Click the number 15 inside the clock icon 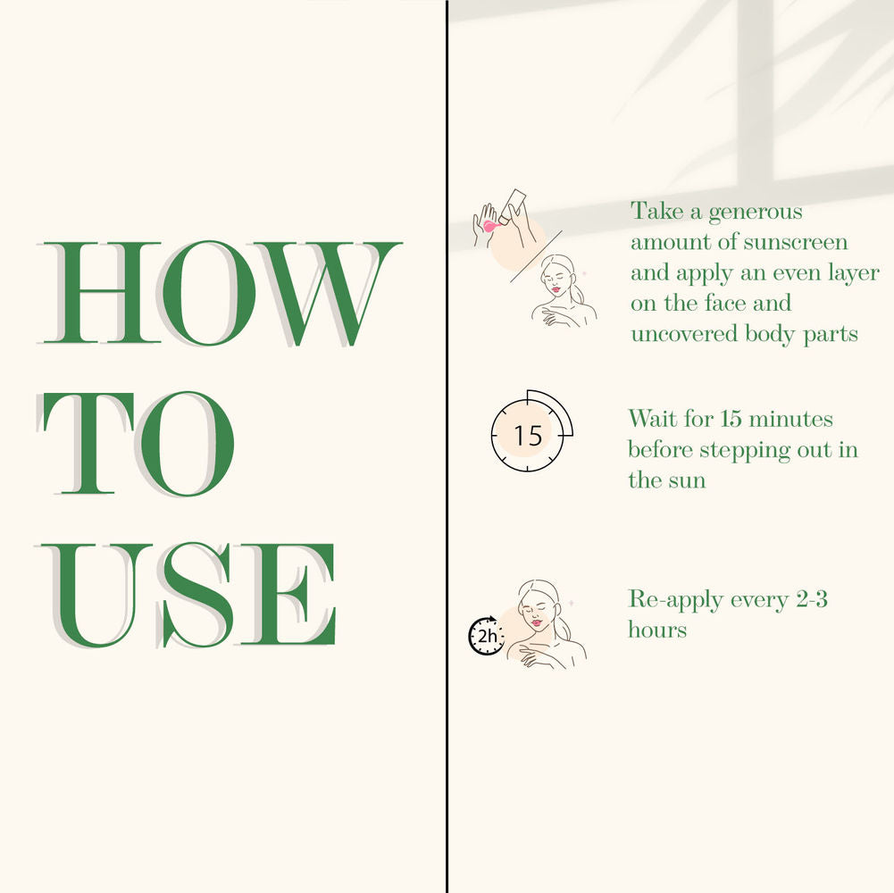point(528,436)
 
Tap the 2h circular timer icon point(486,635)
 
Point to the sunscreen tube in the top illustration point(512,206)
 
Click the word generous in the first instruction point(756,213)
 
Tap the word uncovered point(684,333)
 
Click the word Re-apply point(675,600)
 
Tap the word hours point(657,630)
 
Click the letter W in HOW point(328,293)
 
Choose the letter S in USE point(197,595)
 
